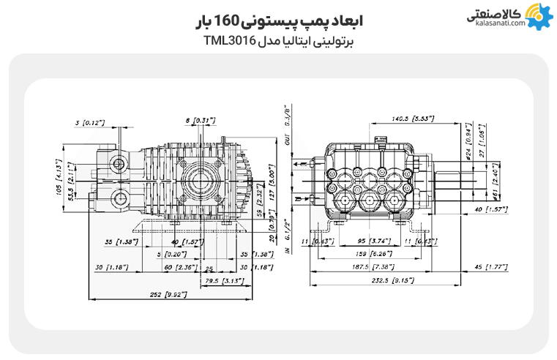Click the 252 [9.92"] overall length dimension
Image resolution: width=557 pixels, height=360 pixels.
coord(167,294)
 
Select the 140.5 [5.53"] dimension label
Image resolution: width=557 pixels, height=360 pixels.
coord(414,118)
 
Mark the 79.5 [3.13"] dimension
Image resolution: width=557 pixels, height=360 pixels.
coord(220,280)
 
